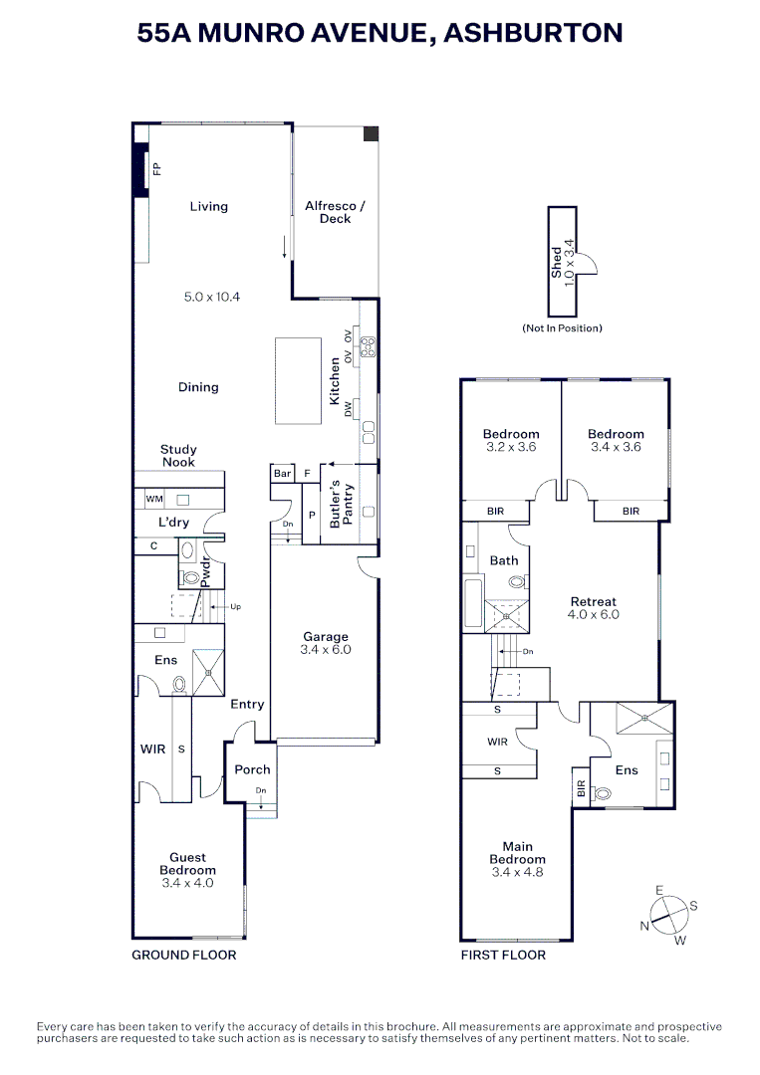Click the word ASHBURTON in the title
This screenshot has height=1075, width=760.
(533, 33)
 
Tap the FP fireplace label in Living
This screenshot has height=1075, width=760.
(156, 169)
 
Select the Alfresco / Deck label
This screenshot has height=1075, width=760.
(335, 212)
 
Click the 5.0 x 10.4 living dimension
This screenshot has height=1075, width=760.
(212, 297)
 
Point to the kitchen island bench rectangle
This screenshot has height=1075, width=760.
(299, 381)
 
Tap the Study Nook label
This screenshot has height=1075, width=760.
(178, 456)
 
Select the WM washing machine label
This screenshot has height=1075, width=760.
(154, 498)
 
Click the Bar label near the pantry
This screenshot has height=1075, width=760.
(282, 474)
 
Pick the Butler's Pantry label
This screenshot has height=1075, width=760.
(342, 503)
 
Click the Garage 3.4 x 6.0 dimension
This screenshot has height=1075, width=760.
(326, 650)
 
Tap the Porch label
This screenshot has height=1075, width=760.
(252, 769)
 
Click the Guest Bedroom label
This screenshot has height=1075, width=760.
(187, 864)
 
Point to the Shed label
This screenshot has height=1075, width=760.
(556, 262)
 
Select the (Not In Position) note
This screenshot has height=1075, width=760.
(562, 328)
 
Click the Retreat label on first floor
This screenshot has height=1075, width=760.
(593, 601)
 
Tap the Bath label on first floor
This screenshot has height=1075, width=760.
(503, 560)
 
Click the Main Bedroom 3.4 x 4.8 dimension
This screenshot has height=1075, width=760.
(517, 873)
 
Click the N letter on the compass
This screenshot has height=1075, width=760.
(644, 927)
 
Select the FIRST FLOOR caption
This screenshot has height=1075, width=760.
(503, 956)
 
